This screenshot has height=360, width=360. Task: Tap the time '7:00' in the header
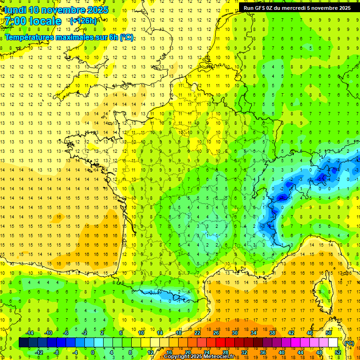[15, 21]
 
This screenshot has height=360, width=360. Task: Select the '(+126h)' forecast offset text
[83, 21]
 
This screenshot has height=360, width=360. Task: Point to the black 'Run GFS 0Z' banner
[297, 7]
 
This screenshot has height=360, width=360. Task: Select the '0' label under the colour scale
[92, 352]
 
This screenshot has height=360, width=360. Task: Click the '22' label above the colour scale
[197, 333]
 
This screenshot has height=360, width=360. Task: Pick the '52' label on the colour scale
[338, 352]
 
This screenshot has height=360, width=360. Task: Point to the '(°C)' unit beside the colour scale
[349, 343]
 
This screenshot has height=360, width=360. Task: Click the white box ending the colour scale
[333, 343]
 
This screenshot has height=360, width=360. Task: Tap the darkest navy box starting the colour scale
[23, 343]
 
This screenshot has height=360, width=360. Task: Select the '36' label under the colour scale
[263, 352]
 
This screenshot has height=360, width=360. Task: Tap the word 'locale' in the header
[45, 21]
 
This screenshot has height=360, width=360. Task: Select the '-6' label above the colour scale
[66, 333]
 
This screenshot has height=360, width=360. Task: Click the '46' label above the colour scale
[310, 333]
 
